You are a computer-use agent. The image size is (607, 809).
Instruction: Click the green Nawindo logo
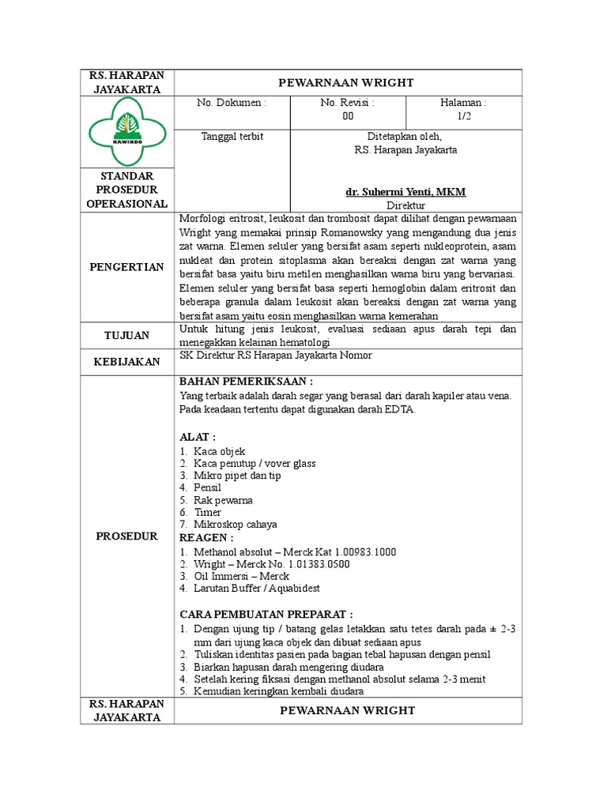(126, 132)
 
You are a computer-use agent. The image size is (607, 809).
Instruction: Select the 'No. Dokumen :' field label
(232, 103)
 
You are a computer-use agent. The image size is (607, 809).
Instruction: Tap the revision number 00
(348, 116)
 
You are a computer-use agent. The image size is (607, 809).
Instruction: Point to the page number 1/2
(463, 116)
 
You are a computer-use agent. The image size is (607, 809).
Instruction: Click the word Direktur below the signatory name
(405, 204)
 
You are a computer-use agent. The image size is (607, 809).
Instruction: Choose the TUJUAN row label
(126, 336)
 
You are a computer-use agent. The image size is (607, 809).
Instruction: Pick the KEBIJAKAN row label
(126, 361)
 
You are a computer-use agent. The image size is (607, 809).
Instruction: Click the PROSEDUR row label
(126, 536)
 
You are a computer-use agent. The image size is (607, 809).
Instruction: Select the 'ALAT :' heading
(198, 437)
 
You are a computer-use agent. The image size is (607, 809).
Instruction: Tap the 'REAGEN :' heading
(207, 538)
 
